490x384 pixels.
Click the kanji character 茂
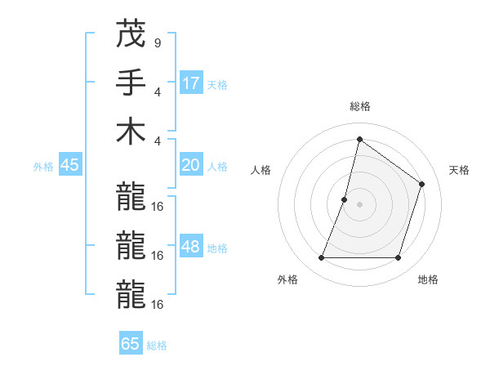(x=131, y=36)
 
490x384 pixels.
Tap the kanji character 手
(x=131, y=84)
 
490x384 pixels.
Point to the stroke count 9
(x=157, y=42)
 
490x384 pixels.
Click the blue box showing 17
(x=191, y=83)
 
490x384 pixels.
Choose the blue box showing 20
(x=191, y=166)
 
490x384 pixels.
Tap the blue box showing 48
(x=191, y=248)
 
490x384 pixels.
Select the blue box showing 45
(x=69, y=166)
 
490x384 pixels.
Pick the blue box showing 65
(x=131, y=344)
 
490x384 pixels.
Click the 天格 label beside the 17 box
(x=217, y=85)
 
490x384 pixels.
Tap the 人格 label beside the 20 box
(x=217, y=167)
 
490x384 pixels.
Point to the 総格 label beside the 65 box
(x=157, y=346)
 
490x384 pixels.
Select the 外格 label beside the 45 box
(x=43, y=167)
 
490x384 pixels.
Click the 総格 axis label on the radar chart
(x=359, y=106)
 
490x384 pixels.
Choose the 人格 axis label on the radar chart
(x=261, y=170)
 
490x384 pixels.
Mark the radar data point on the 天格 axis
(x=422, y=184)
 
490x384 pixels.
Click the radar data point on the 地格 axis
(x=399, y=258)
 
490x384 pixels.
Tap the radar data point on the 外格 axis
(x=321, y=258)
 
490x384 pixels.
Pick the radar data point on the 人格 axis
(x=345, y=199)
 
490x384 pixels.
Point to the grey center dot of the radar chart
(x=359, y=204)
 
